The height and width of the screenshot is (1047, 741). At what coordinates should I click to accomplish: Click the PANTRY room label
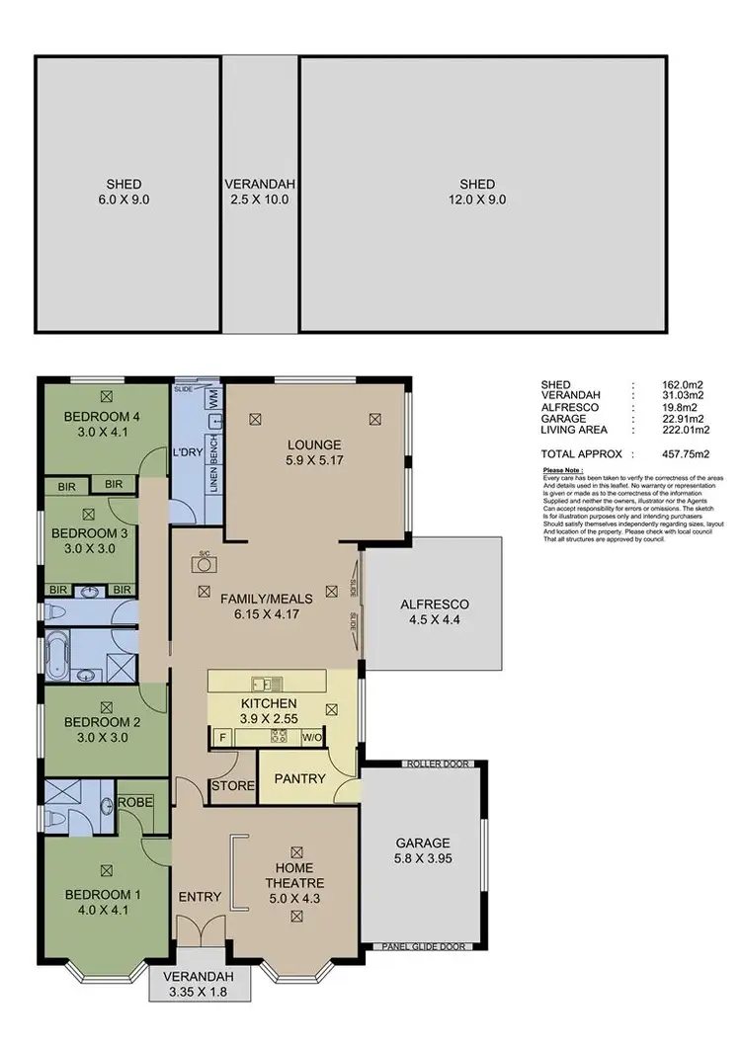[300, 778]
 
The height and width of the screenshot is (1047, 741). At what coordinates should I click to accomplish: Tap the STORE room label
[232, 786]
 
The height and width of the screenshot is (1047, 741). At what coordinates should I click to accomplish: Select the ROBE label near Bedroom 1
[135, 802]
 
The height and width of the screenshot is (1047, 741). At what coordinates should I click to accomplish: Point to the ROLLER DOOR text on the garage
[435, 765]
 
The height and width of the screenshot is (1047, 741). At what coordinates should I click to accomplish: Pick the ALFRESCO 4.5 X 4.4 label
[434, 612]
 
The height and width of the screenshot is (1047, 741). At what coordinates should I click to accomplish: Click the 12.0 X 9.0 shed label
[477, 192]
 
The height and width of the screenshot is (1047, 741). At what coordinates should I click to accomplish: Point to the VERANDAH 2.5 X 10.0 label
[260, 192]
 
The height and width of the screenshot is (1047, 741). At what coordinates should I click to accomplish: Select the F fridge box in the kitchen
[222, 737]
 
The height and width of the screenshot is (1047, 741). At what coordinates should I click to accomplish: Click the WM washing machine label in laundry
[212, 399]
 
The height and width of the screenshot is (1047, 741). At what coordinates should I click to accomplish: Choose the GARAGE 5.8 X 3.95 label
[424, 851]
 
